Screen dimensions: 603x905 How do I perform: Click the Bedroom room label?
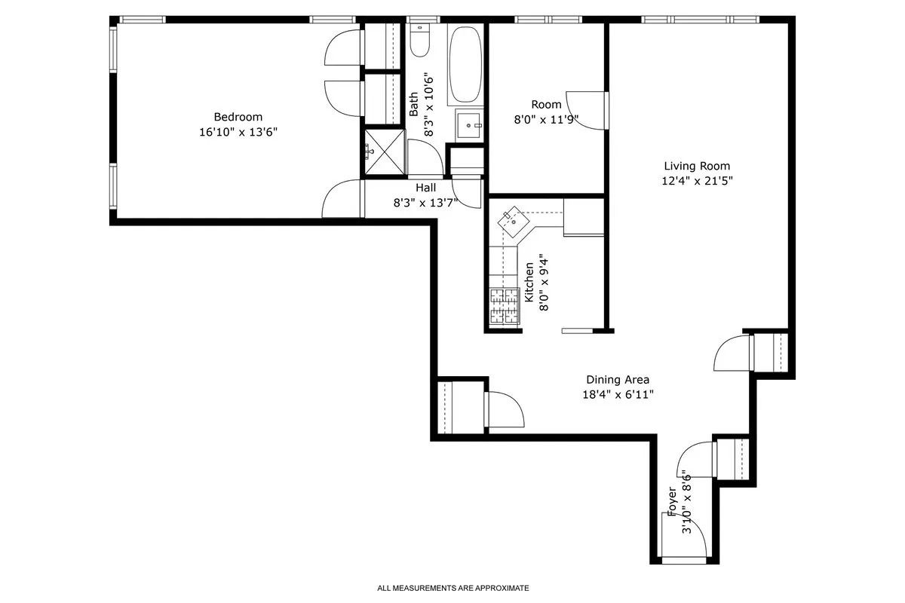pyautogui.click(x=238, y=117)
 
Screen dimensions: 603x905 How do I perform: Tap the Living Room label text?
pyautogui.click(x=697, y=166)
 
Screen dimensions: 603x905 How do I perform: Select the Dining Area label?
pyautogui.click(x=618, y=380)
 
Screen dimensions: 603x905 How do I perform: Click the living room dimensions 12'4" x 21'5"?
pyautogui.click(x=697, y=181)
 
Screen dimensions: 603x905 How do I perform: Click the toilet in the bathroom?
pyautogui.click(x=420, y=41)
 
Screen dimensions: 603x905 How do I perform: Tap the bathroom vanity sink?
pyautogui.click(x=470, y=124)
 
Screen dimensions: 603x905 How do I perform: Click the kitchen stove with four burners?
pyautogui.click(x=505, y=307)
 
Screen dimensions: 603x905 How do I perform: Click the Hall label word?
pyautogui.click(x=425, y=188)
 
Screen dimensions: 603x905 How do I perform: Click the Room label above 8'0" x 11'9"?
pyautogui.click(x=546, y=105)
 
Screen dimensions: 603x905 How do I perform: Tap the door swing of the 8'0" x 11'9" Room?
pyautogui.click(x=587, y=111)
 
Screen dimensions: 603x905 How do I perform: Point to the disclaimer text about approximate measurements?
pyautogui.click(x=452, y=587)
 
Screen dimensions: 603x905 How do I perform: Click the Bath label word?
pyautogui.click(x=413, y=104)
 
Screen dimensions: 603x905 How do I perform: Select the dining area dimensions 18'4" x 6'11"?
pyautogui.click(x=618, y=394)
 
